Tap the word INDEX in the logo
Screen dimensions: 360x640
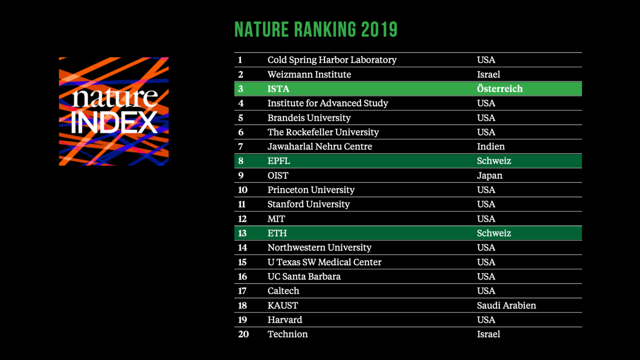(114, 122)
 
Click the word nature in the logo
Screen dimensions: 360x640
(115, 98)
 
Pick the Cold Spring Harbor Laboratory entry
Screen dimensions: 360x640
(332, 60)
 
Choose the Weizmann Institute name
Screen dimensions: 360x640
(309, 74)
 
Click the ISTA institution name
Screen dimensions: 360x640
(278, 89)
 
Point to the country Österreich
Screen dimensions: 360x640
(500, 89)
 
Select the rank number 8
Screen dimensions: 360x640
(241, 161)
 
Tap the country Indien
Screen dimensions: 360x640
(491, 147)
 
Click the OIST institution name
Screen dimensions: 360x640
(278, 176)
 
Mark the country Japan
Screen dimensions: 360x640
(489, 176)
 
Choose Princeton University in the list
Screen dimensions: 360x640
(311, 190)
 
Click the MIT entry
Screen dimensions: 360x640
(276, 219)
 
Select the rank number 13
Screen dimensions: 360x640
(242, 233)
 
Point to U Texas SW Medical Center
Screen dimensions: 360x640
(324, 262)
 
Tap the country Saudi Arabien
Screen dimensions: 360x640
(506, 305)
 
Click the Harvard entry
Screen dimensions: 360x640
(284, 320)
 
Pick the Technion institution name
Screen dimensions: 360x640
(287, 334)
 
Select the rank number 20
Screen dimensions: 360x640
(243, 334)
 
